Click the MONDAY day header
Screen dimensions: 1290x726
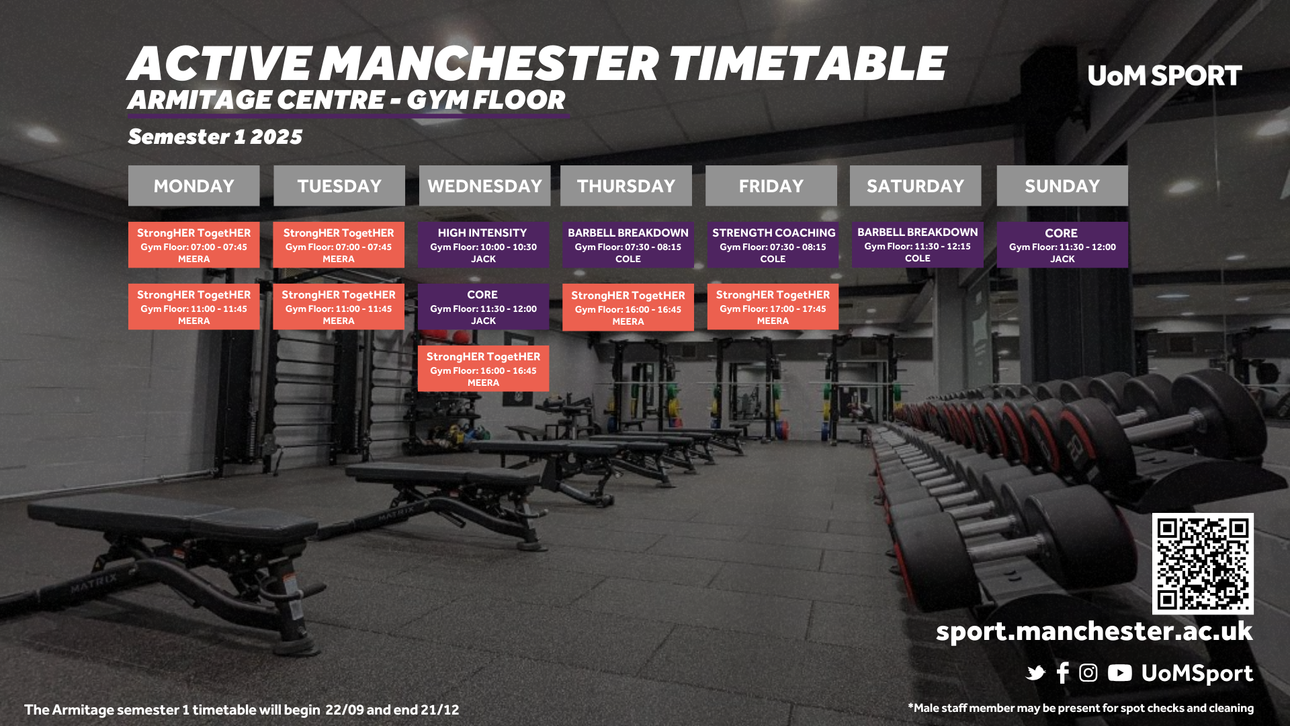click(x=193, y=186)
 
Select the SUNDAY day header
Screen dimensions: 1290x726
click(x=1062, y=186)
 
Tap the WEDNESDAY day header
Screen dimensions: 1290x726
click(x=484, y=186)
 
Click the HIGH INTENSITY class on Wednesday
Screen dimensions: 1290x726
click(x=483, y=245)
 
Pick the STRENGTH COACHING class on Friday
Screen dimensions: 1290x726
click(x=773, y=245)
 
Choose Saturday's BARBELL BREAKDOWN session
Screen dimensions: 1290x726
click(x=917, y=245)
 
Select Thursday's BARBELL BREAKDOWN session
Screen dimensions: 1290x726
click(x=628, y=245)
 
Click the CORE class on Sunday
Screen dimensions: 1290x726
click(x=1062, y=245)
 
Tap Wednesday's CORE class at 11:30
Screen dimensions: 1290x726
click(x=483, y=307)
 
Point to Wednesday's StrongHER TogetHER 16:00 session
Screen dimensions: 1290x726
click(x=483, y=368)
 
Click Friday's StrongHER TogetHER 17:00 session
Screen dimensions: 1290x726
click(x=773, y=307)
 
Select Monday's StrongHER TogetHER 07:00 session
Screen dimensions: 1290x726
click(x=193, y=245)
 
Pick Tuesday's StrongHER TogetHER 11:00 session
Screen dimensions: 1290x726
click(x=339, y=307)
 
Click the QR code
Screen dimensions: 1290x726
click(x=1203, y=563)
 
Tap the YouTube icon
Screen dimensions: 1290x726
click(x=1119, y=673)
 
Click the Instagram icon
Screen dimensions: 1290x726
click(x=1088, y=673)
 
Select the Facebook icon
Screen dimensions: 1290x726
click(x=1063, y=673)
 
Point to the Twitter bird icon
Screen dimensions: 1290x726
click(x=1035, y=673)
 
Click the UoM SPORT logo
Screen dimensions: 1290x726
click(x=1164, y=76)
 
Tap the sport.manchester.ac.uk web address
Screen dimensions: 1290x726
click(x=1094, y=632)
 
